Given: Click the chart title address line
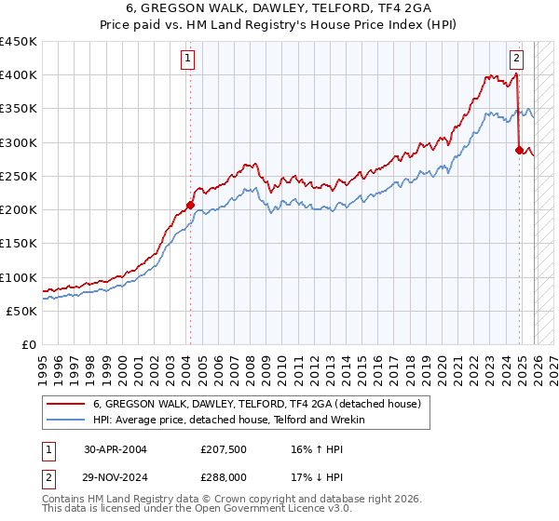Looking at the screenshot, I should pos(279,9).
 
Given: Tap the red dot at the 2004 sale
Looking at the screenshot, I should pos(190,205).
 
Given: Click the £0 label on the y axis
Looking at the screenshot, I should pos(28,344).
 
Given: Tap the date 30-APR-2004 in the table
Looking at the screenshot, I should pos(116,448).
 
